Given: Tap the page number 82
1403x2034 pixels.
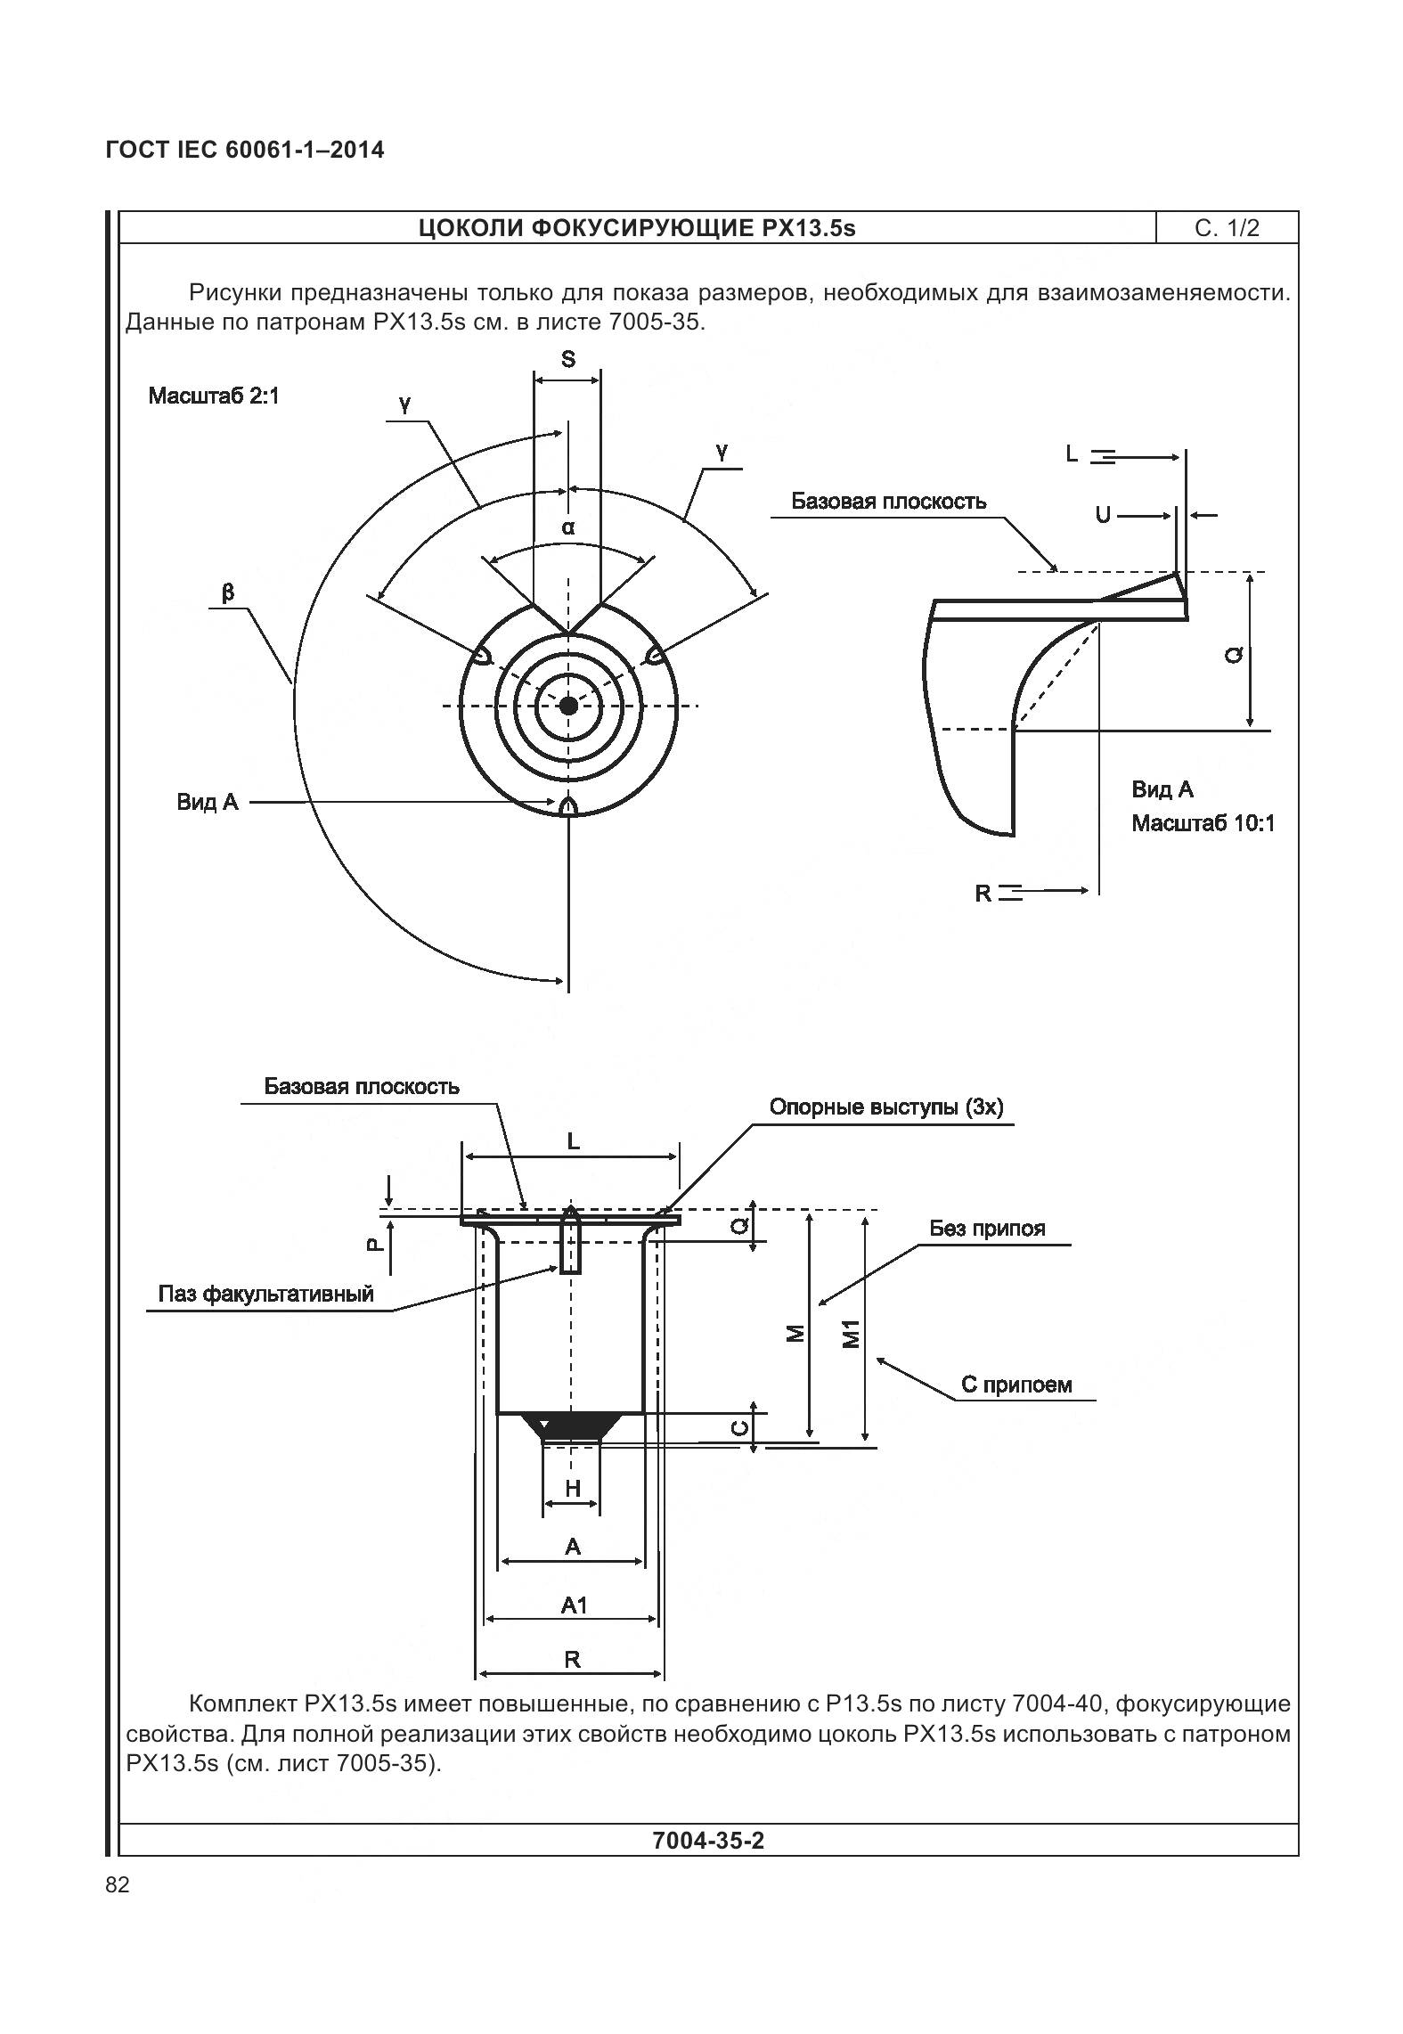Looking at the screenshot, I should coord(118,1885).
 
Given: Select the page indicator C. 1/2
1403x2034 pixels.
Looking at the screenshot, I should coord(1227,228).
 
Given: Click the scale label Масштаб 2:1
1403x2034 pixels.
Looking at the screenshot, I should coord(214,396).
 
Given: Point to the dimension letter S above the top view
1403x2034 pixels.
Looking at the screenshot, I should coord(567,359).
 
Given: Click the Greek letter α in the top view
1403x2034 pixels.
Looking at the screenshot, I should coord(568,527).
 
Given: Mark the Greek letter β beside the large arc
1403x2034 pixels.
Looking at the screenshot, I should coord(228,592).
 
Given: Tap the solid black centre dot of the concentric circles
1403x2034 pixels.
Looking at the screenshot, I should coord(568,706).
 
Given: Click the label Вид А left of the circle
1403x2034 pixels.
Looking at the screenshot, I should coord(208,802).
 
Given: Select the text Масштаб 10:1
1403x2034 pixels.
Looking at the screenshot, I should coord(1203,823).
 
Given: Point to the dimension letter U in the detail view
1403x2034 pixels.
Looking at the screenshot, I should coord(1103,515).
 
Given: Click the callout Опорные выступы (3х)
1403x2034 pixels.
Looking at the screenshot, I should coord(885,1107).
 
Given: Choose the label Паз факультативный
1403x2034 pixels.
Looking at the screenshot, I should coord(265,1294).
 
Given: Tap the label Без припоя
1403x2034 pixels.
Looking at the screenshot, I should coord(987,1229).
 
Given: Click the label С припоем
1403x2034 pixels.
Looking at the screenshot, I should coord(1016,1385).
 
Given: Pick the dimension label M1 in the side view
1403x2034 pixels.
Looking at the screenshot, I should coord(852,1336).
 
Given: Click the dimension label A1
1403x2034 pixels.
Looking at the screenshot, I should coord(574,1605).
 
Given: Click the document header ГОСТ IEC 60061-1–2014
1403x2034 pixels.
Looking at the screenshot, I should coord(245,150).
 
